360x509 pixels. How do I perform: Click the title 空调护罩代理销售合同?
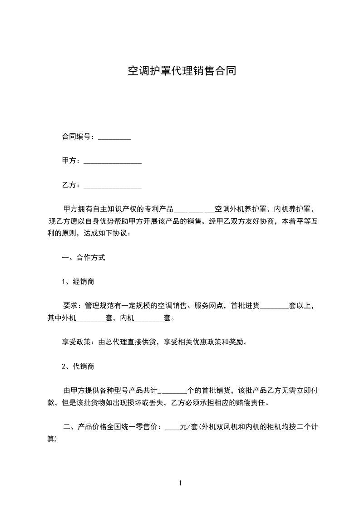point(181,71)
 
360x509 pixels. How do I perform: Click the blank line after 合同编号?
point(114,137)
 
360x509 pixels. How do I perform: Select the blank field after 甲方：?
point(113,161)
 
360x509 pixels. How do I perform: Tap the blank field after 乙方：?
point(113,186)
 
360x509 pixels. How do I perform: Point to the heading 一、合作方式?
point(84,258)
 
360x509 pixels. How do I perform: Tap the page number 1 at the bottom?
point(180,483)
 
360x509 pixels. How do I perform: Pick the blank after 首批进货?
point(273,306)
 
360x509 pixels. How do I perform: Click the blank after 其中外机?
point(90,318)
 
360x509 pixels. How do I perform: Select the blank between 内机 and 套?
point(149,318)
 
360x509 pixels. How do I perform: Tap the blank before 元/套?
point(173,427)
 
